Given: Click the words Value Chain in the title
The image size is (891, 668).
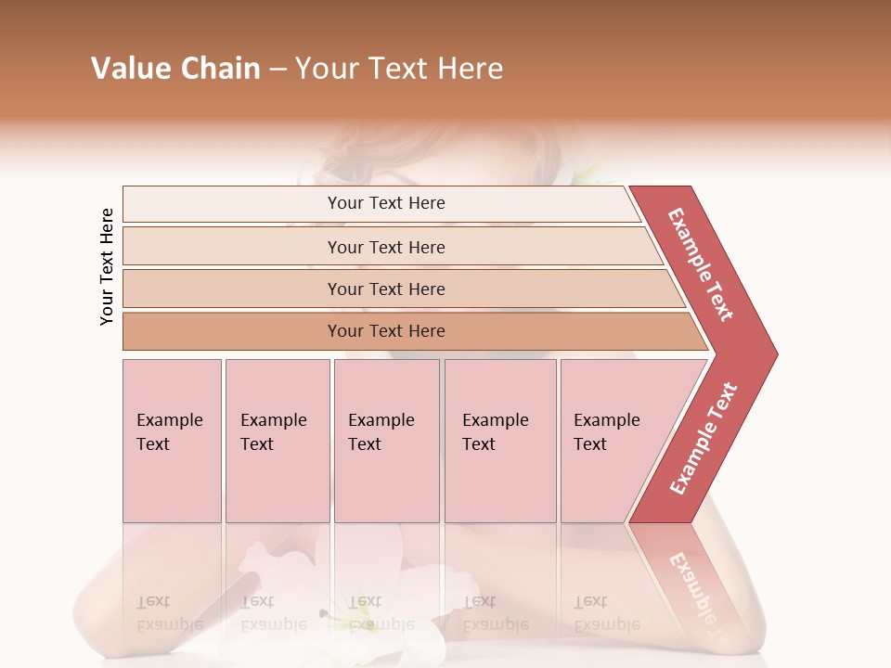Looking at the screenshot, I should (175, 69).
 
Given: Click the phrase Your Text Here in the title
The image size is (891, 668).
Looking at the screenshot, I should (399, 69).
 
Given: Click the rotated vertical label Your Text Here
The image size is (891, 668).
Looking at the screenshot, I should (107, 266).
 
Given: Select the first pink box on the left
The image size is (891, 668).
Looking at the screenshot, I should (172, 440).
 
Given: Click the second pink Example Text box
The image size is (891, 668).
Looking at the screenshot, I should (277, 440).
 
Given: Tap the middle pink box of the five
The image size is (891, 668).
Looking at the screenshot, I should (386, 440).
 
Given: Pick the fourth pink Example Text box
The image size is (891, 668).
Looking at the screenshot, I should (499, 440).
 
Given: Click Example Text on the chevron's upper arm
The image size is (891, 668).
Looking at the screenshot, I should (701, 264).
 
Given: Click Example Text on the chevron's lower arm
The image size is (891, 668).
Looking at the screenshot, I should (704, 439).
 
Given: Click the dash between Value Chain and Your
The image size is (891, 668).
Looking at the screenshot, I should (278, 70).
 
